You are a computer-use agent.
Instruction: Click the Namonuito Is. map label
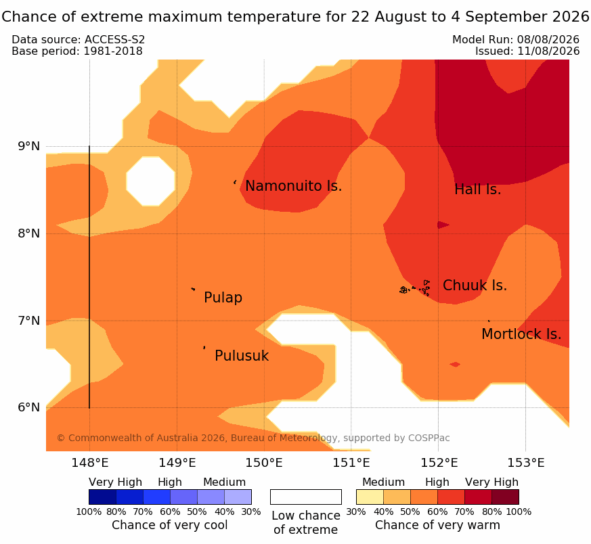pos(294,186)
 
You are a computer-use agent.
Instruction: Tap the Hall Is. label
pos(477,189)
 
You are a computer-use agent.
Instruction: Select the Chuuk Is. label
pos(475,286)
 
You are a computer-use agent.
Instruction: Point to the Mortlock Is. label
pos(521,334)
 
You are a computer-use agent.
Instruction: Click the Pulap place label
pos(223,298)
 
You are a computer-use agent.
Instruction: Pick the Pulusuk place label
pos(242,356)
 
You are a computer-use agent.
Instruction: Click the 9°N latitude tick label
pos(29,146)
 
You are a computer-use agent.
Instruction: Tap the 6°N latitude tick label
pos(29,407)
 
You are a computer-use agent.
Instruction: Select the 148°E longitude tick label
pos(90,463)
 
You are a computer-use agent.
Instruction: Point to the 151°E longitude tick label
pos(351,463)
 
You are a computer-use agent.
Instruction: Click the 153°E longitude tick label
pos(526,463)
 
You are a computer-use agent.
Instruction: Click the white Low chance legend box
pos(306,497)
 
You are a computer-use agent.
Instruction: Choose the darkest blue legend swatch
pos(102,497)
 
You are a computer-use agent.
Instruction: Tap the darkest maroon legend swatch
pos(506,497)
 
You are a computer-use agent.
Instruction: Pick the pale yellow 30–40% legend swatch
pos(370,497)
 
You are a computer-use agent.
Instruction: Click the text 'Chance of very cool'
pos(170,525)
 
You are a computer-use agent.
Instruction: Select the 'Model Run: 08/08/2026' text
pos(516,39)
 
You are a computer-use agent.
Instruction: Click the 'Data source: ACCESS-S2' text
pos(79,39)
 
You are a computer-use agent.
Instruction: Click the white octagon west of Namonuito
pos(151,181)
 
